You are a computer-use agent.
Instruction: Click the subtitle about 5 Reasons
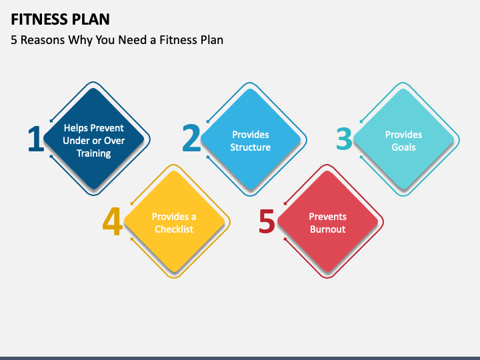(x=117, y=39)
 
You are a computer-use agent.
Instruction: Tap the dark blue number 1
(x=35, y=139)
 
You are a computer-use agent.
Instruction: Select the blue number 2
(x=191, y=139)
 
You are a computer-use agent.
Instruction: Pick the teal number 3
(x=344, y=139)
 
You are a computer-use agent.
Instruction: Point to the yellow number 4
(x=113, y=222)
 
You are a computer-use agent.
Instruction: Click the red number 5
(x=267, y=222)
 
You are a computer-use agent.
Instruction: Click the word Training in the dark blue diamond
(x=93, y=153)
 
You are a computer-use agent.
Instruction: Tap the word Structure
(x=250, y=147)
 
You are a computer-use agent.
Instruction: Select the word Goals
(x=403, y=147)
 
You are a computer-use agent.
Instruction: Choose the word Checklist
(x=174, y=229)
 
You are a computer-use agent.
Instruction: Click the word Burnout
(x=327, y=229)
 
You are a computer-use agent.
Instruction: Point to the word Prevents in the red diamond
(x=327, y=217)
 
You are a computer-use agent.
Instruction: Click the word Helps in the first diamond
(x=76, y=128)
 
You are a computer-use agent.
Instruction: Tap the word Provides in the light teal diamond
(x=403, y=135)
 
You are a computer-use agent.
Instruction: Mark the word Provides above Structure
(x=250, y=135)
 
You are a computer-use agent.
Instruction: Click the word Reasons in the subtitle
(x=42, y=39)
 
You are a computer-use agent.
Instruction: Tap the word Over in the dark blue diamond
(x=114, y=141)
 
